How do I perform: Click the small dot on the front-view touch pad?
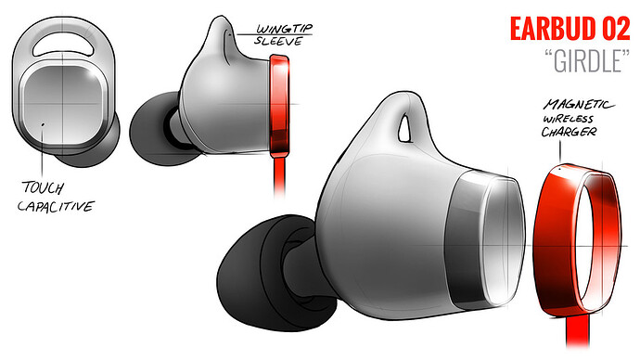44,120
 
